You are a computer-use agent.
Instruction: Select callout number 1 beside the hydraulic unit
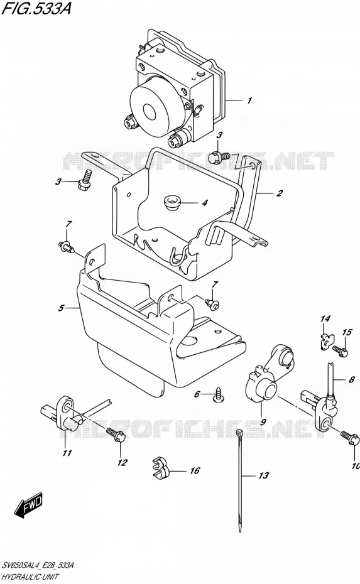249,100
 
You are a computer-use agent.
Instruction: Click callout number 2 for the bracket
279,193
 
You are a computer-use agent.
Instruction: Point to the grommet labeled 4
172,203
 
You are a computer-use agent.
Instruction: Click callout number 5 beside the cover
61,308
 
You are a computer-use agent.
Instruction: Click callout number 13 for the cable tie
263,475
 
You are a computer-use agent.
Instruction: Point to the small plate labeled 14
327,340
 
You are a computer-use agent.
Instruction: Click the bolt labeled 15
341,351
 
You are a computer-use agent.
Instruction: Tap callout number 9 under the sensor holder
263,422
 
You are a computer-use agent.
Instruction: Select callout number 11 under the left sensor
67,453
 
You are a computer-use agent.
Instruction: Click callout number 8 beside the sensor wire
351,381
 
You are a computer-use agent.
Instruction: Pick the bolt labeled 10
349,439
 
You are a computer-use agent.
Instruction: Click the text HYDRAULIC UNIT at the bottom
30,577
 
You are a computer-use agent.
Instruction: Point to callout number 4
205,203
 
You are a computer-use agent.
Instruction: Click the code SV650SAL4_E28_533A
37,566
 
